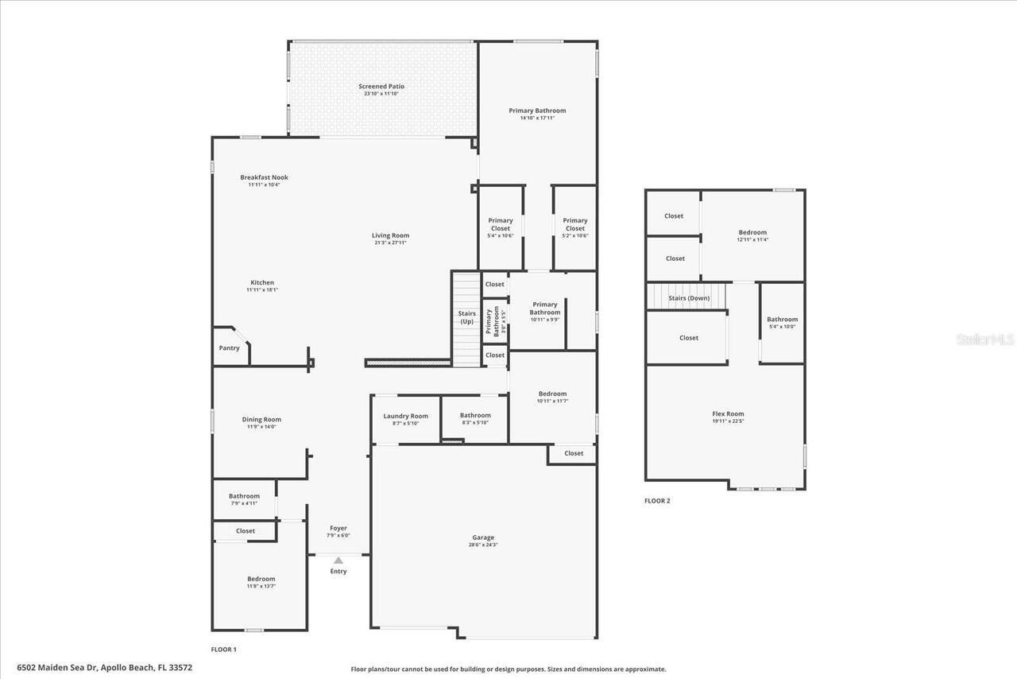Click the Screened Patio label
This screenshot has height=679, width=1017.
click(x=381, y=87)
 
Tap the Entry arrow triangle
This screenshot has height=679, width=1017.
click(x=338, y=560)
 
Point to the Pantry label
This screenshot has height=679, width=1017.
click(x=229, y=348)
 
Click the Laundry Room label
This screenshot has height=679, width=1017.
click(x=405, y=416)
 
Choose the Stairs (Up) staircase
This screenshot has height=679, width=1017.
click(x=467, y=318)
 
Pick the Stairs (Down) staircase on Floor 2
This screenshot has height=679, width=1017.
click(x=687, y=298)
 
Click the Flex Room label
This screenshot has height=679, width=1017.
click(x=728, y=413)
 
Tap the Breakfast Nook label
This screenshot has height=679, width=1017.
click(x=264, y=177)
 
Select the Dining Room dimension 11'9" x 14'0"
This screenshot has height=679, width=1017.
click(x=261, y=427)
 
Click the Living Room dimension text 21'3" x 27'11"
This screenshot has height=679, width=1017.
click(x=390, y=242)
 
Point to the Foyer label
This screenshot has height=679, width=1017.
click(x=338, y=528)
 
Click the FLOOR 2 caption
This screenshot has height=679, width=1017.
click(x=657, y=501)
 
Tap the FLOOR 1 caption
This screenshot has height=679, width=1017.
click(x=223, y=650)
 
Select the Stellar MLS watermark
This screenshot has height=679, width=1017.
click(x=985, y=339)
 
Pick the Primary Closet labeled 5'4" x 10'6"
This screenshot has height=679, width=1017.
click(x=501, y=227)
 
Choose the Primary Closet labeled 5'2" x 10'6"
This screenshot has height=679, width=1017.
click(x=575, y=227)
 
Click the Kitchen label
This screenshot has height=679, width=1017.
click(x=262, y=283)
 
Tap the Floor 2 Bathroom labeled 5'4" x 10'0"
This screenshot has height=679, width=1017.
click(x=782, y=322)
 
